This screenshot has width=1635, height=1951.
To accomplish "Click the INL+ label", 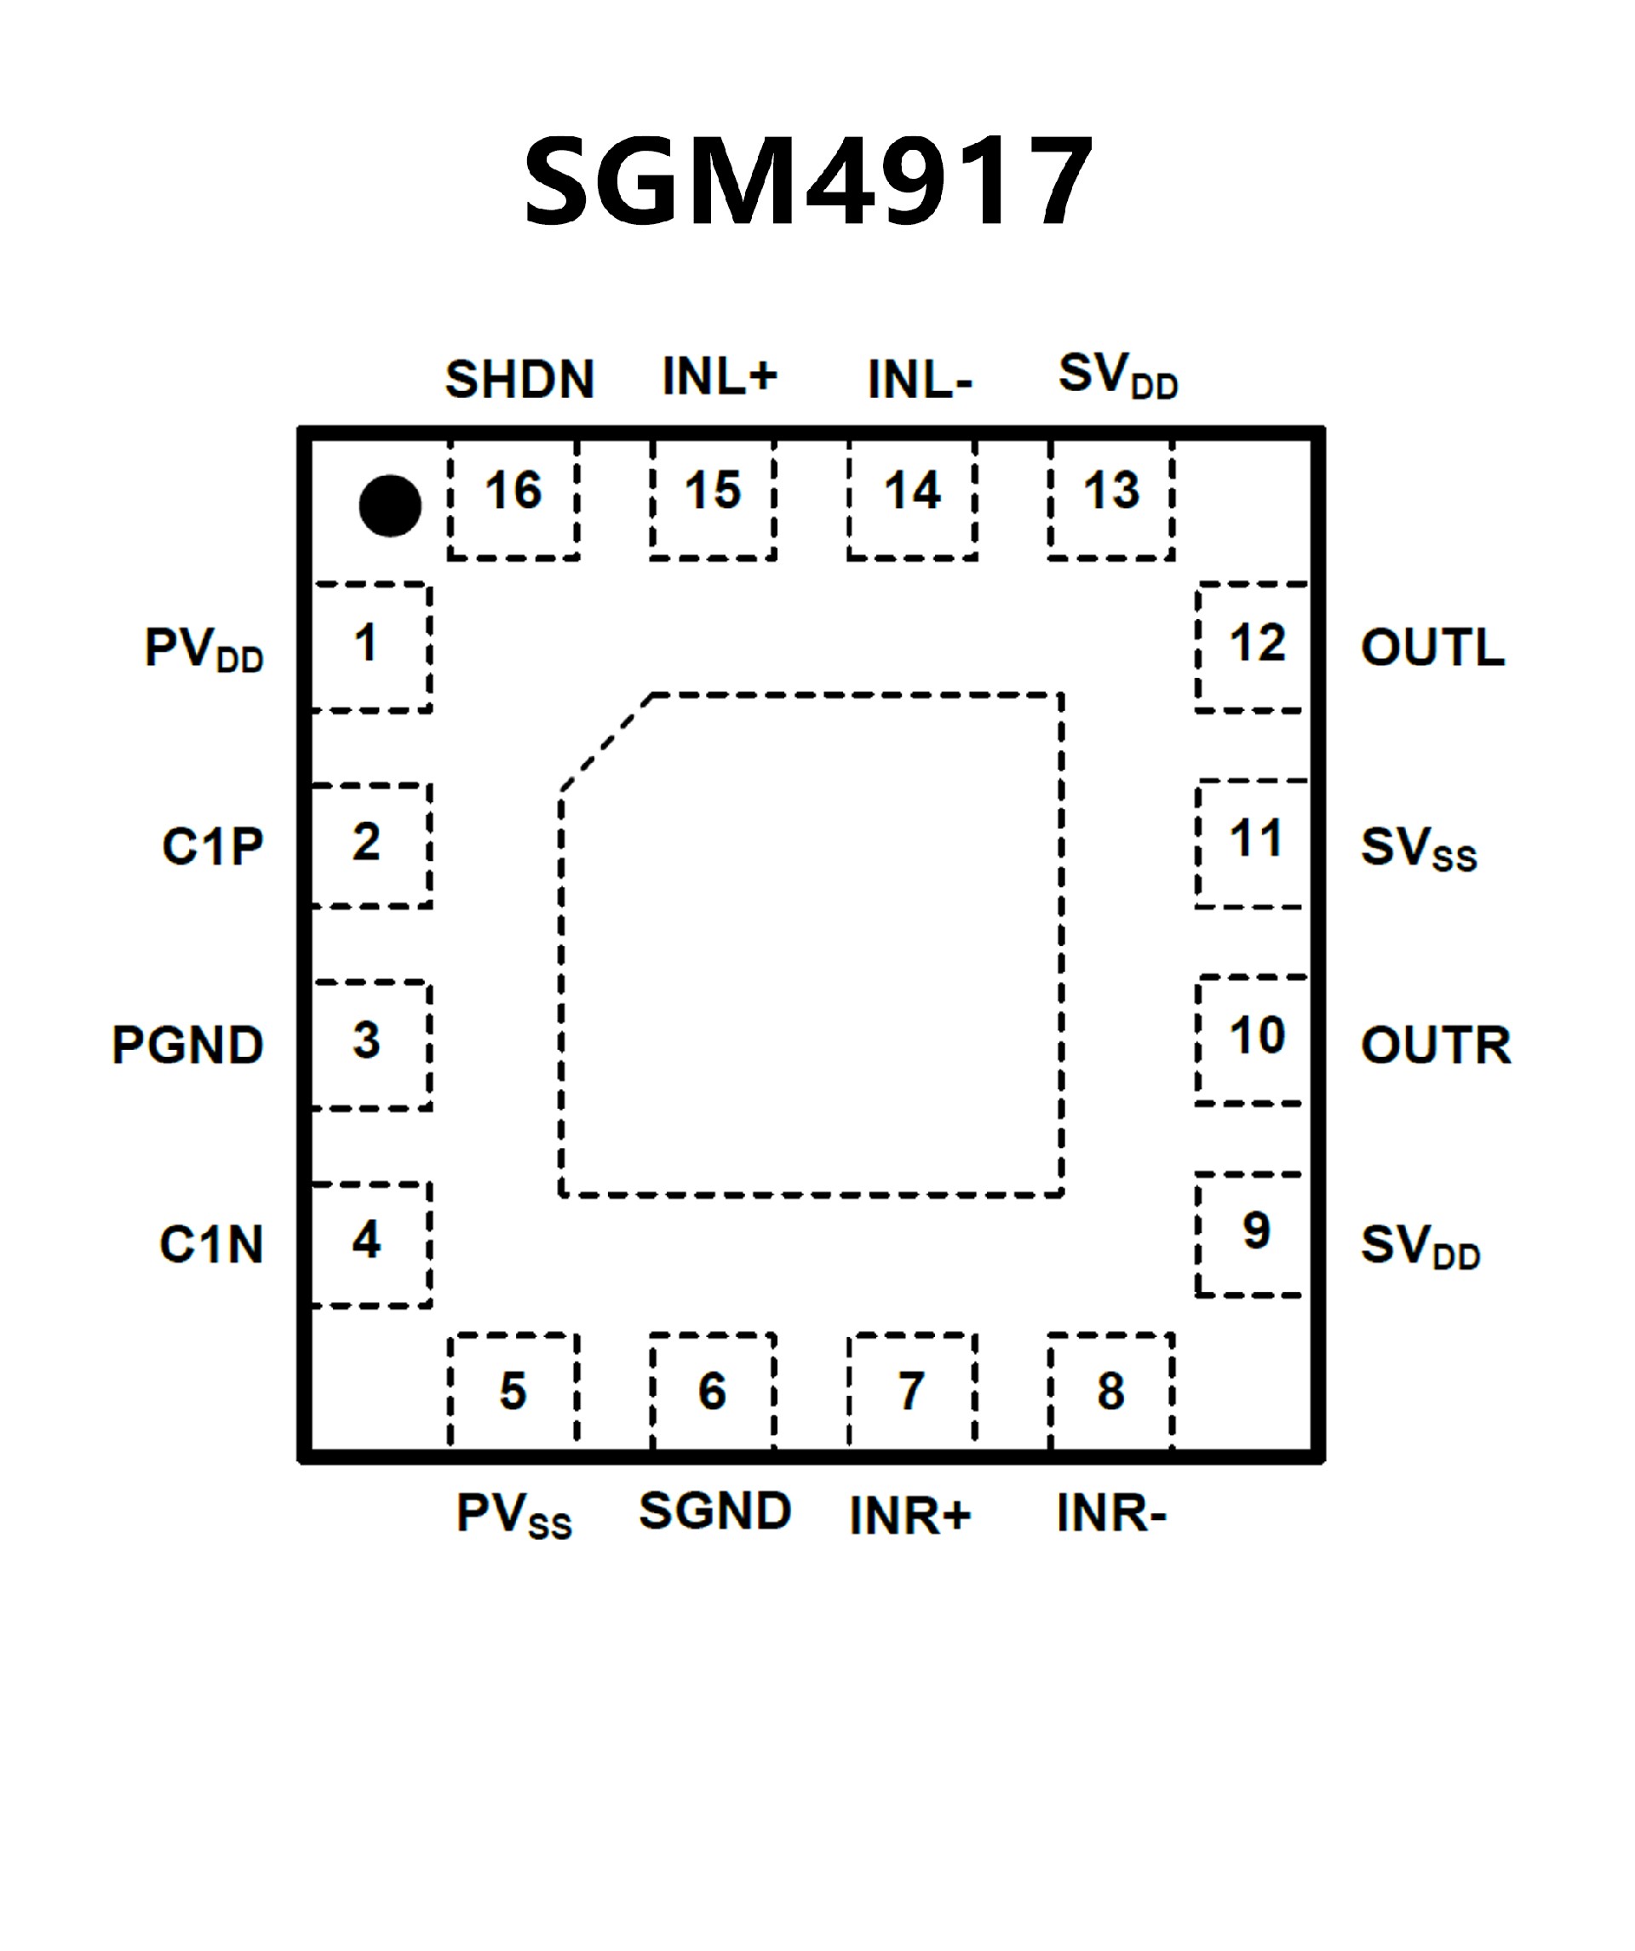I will click(x=719, y=376).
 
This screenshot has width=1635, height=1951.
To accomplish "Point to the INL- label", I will click(x=920, y=380).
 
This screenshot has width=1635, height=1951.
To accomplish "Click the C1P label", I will click(x=213, y=846).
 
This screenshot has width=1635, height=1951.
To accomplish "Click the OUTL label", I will click(x=1432, y=647).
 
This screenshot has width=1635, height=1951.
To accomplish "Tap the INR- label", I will click(x=1111, y=1514).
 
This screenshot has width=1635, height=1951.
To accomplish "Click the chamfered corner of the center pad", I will click(x=605, y=743).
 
